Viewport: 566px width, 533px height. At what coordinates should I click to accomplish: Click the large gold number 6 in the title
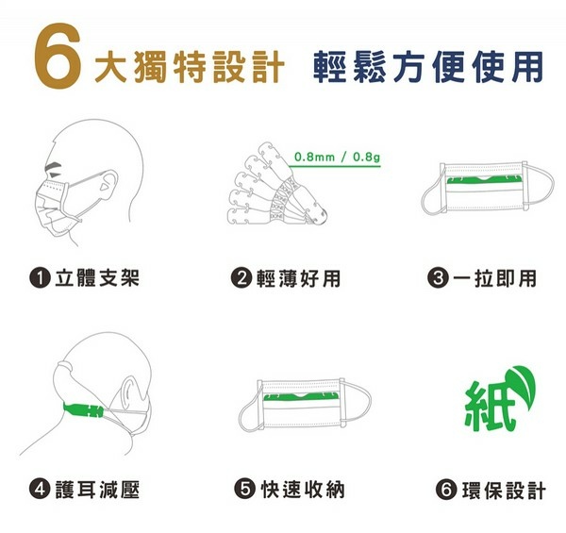58,56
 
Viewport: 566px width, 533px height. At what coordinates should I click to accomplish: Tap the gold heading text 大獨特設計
190,67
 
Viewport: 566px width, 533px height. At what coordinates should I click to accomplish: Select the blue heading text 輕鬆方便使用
428,67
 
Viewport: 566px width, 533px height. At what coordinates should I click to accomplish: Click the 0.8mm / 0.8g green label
337,157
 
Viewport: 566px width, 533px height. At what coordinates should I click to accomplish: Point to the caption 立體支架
97,278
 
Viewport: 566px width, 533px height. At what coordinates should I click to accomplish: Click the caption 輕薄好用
298,278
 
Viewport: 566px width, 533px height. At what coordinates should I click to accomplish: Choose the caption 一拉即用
495,278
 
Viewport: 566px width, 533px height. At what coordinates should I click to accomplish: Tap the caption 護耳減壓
97,490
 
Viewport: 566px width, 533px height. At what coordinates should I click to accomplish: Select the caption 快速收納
303,490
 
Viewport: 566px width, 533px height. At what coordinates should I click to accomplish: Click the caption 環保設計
504,491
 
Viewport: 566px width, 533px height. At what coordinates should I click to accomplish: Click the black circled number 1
40,278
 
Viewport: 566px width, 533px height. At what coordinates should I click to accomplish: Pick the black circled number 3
438,278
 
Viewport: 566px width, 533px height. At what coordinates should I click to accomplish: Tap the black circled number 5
244,490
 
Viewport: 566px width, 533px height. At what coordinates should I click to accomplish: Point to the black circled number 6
446,491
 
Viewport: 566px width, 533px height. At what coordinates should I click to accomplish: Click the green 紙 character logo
489,407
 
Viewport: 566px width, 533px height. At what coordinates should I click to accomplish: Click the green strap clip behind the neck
83,410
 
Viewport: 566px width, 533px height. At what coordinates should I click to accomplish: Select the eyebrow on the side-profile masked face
53,166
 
